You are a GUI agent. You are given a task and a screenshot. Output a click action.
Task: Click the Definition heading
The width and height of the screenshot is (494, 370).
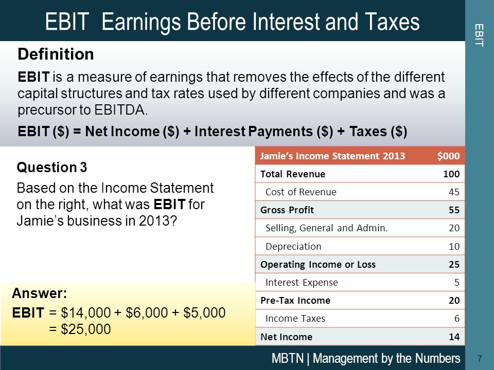tap(56, 54)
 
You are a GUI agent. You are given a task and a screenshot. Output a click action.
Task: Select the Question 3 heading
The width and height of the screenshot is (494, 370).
tap(51, 167)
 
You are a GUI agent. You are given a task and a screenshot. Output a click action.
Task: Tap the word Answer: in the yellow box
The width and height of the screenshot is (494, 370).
tap(40, 293)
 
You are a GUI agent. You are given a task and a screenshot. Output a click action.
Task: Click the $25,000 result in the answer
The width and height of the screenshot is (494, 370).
tap(86, 329)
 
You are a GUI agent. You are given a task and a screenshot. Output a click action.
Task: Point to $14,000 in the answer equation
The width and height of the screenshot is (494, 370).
tap(86, 313)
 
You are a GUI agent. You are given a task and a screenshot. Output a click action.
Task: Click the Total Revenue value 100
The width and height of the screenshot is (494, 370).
tap(451, 174)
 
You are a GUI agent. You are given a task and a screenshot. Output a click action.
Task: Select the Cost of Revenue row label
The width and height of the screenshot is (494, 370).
tap(301, 192)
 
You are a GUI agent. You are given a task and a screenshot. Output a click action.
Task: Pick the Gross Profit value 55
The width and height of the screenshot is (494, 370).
tap(454, 210)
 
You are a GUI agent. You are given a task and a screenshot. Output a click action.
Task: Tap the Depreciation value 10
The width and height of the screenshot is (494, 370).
tap(454, 246)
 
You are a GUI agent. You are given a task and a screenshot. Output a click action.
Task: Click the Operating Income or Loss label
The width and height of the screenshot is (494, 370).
tap(318, 264)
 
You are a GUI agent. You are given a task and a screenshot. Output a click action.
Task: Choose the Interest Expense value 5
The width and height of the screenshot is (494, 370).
tap(457, 282)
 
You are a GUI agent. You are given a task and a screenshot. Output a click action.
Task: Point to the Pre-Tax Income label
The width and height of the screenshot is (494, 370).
tap(295, 301)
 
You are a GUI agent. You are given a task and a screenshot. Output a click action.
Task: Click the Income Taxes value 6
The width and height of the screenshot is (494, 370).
tap(457, 319)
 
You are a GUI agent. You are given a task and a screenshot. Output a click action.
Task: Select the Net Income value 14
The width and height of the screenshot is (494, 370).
tap(454, 337)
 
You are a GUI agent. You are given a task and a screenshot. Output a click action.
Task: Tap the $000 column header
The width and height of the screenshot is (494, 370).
tap(448, 156)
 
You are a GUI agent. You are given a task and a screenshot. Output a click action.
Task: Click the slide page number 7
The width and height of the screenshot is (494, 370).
tap(480, 358)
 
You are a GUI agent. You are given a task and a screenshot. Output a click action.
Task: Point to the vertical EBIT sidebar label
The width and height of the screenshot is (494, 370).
tap(479, 35)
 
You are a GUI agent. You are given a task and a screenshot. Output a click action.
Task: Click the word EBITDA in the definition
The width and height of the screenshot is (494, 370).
tap(120, 110)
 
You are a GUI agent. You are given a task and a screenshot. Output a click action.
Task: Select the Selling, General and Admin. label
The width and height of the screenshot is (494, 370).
tap(326, 228)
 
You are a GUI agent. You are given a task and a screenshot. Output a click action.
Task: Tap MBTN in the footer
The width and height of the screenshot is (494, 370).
tap(288, 358)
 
